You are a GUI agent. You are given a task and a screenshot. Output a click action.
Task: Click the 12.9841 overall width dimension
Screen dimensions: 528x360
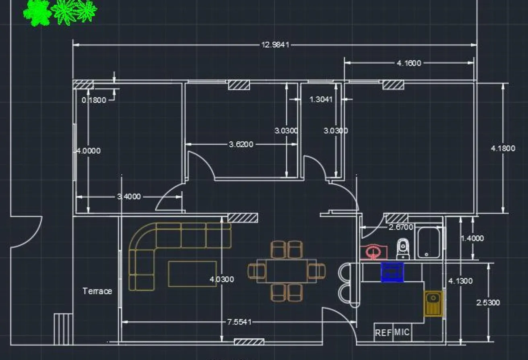[x=275, y=45]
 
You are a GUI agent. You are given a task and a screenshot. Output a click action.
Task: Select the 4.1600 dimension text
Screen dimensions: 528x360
[x=409, y=63]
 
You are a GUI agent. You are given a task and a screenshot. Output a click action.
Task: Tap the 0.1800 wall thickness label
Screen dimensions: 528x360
[x=94, y=100]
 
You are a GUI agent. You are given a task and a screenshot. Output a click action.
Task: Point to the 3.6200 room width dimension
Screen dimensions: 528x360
[x=241, y=145]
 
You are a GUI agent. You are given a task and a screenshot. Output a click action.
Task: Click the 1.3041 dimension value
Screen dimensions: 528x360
[x=321, y=99]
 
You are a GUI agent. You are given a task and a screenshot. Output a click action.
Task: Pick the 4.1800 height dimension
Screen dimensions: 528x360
[x=503, y=148]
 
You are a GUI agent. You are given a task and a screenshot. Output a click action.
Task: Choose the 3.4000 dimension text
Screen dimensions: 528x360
[x=129, y=197]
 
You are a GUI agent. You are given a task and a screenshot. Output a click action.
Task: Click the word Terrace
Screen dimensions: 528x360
[x=97, y=291]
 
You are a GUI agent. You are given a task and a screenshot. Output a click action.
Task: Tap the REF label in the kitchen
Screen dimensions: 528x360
[x=383, y=333]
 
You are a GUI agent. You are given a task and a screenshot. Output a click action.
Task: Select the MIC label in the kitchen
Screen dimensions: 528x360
[x=402, y=332]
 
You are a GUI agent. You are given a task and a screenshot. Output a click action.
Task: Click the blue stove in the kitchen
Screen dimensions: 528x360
[x=392, y=272]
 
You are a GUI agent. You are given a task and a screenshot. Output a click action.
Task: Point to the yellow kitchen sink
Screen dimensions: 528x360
[x=434, y=304]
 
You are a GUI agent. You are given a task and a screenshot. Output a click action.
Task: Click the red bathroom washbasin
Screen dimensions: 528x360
[x=374, y=252]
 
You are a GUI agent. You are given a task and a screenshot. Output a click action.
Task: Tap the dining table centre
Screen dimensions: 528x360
[x=287, y=271]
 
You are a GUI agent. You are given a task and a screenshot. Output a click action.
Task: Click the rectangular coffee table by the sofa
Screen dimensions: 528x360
[x=192, y=274]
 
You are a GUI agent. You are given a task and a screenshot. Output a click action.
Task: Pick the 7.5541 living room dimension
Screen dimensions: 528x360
[x=239, y=322]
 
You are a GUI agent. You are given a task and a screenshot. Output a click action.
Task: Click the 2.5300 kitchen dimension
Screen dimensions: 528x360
[x=488, y=303]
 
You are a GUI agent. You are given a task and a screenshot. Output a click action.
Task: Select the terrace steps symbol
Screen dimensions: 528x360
[x=63, y=329]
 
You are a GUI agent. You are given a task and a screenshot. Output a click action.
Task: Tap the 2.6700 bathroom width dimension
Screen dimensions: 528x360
[x=401, y=227]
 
